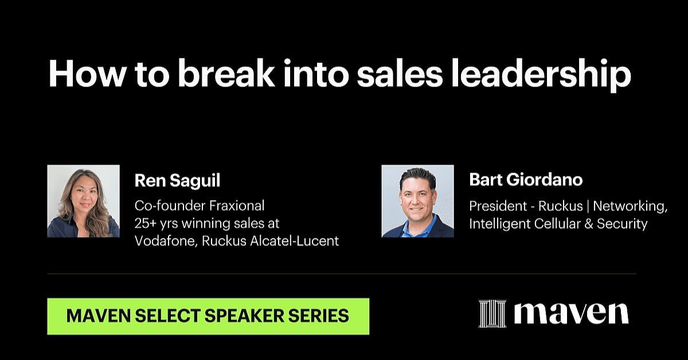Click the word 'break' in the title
pyautogui.click(x=226, y=74)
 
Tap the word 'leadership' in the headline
pyautogui.click(x=541, y=75)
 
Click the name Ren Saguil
pyautogui.click(x=177, y=181)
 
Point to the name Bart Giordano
pyautogui.click(x=526, y=179)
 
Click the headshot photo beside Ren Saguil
pyautogui.click(x=84, y=201)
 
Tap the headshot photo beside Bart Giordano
pyautogui.click(x=418, y=201)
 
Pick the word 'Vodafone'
pyautogui.click(x=166, y=241)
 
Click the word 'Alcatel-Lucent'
pyautogui.click(x=295, y=241)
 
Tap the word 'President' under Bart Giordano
pyautogui.click(x=498, y=206)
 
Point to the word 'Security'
pyautogui.click(x=622, y=224)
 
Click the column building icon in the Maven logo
pyautogui.click(x=492, y=314)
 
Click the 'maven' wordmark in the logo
pyautogui.click(x=571, y=314)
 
